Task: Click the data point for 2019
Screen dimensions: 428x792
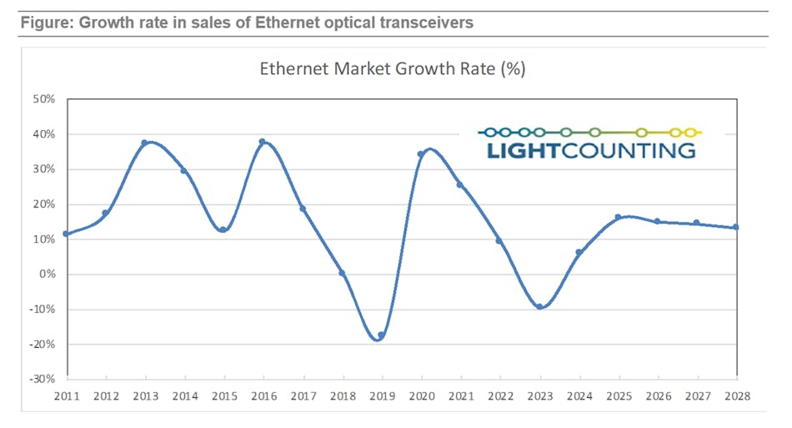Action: click(381, 335)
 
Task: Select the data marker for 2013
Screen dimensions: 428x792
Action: click(144, 143)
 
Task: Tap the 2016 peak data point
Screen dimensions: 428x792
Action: click(263, 142)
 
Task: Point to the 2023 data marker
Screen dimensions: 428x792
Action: click(539, 306)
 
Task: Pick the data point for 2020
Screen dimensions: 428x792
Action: click(421, 154)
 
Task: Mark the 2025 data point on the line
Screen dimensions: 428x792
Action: click(618, 217)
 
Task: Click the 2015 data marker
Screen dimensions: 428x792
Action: click(223, 229)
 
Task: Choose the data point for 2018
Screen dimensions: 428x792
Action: click(342, 273)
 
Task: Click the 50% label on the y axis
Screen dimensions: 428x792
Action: click(43, 99)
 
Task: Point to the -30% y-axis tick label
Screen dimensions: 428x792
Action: click(42, 380)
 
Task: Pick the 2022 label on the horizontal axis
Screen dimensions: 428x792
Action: click(499, 395)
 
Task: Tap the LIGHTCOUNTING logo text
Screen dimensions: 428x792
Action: click(589, 150)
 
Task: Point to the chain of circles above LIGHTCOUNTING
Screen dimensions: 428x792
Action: click(589, 132)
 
